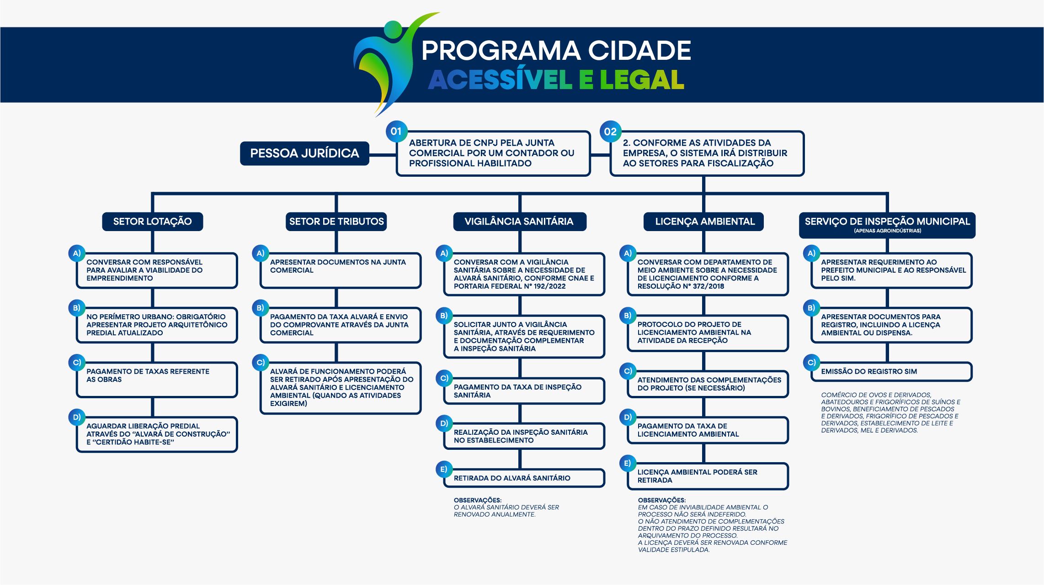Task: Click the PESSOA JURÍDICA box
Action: pyautogui.click(x=304, y=153)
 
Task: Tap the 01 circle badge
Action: pyautogui.click(x=396, y=132)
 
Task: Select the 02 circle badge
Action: pyautogui.click(x=610, y=132)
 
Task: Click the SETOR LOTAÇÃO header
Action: pyautogui.click(x=152, y=221)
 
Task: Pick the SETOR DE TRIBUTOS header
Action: pyautogui.click(x=336, y=221)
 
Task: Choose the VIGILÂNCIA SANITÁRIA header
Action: pyautogui.click(x=519, y=221)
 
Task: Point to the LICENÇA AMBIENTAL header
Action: pyautogui.click(x=704, y=221)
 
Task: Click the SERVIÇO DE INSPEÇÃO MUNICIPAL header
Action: pyautogui.click(x=887, y=222)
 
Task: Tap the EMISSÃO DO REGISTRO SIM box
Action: pyautogui.click(x=891, y=372)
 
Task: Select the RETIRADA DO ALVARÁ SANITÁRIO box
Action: pyautogui.click(x=524, y=478)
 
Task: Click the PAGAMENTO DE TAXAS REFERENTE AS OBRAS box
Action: pyautogui.click(x=157, y=379)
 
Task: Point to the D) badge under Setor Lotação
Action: pyautogui.click(x=76, y=417)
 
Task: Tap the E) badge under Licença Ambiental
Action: pyautogui.click(x=628, y=463)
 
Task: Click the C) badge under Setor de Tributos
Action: pyautogui.click(x=260, y=363)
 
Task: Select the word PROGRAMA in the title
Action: pyautogui.click(x=500, y=50)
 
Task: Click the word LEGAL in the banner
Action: pyautogui.click(x=642, y=80)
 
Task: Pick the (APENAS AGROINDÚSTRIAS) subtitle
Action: pyautogui.click(x=887, y=231)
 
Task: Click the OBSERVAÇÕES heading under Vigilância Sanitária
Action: pyautogui.click(x=477, y=500)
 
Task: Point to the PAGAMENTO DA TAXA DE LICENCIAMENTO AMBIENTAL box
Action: pyautogui.click(x=708, y=430)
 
